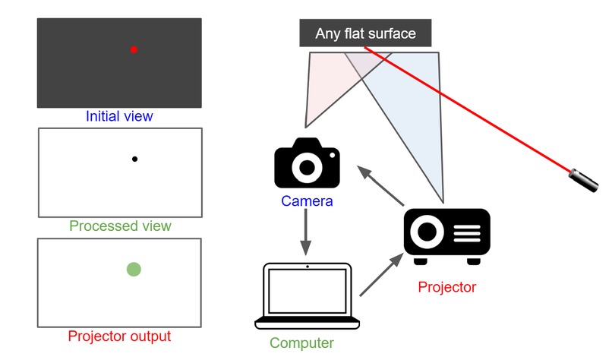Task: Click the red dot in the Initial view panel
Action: click(134, 49)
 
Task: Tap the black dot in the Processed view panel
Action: click(134, 159)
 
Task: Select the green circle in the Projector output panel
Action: click(134, 268)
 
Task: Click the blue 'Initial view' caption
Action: click(119, 116)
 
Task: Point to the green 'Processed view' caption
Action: click(120, 226)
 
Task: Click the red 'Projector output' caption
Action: click(119, 336)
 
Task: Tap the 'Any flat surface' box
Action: click(367, 33)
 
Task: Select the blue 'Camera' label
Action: click(307, 201)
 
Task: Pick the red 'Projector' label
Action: click(446, 287)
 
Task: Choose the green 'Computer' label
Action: click(301, 343)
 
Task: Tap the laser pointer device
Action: click(584, 178)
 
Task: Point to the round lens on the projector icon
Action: click(427, 231)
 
